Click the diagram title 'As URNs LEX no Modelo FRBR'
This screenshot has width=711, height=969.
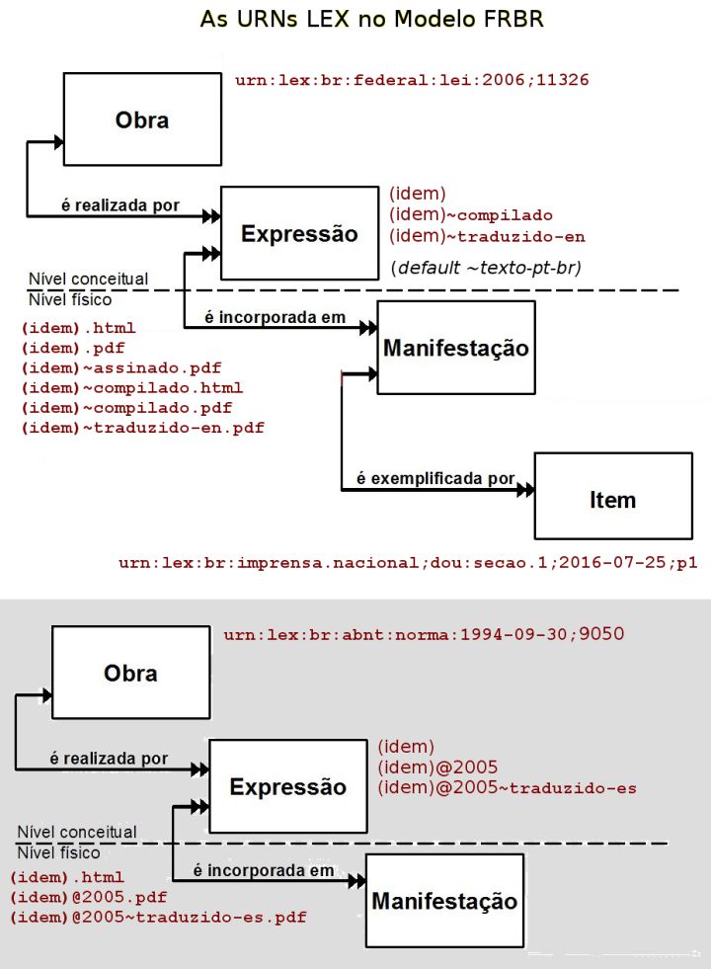(x=372, y=19)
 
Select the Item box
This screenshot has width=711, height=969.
(x=613, y=496)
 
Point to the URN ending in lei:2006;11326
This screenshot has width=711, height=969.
(x=412, y=80)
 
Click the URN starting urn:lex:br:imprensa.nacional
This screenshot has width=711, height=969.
(x=408, y=562)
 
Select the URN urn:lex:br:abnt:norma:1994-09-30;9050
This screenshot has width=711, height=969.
(x=424, y=634)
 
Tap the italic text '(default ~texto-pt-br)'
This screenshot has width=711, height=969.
(x=486, y=268)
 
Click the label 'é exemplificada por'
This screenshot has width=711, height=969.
(x=435, y=478)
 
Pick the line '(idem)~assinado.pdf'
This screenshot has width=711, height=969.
(x=121, y=367)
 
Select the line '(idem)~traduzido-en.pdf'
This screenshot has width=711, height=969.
(x=143, y=428)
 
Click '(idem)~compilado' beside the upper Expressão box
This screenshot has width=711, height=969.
(x=471, y=214)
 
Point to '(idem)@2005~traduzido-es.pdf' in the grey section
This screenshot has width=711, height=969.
(x=158, y=917)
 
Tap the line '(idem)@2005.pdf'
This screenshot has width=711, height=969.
(x=88, y=897)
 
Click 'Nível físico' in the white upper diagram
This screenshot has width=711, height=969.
(x=70, y=299)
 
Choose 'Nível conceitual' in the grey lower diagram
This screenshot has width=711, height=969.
(x=77, y=832)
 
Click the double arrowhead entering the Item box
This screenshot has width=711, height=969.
(x=525, y=490)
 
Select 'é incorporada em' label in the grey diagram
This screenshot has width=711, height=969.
(x=263, y=870)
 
